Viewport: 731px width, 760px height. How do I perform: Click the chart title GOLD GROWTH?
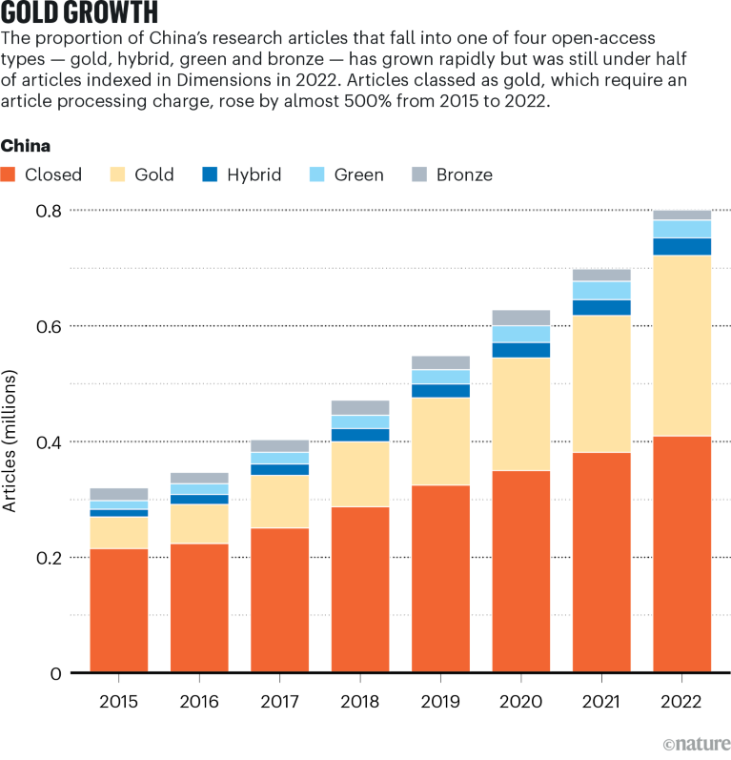click(x=80, y=13)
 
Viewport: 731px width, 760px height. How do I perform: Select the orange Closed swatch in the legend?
click(x=9, y=175)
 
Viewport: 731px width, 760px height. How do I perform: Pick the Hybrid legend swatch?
click(x=213, y=175)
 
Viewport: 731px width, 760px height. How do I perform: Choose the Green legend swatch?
click(x=319, y=175)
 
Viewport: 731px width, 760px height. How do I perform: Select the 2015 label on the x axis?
click(x=119, y=702)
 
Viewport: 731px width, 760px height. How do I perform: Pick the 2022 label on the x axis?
click(x=682, y=702)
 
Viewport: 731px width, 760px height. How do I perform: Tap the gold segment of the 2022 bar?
click(x=682, y=345)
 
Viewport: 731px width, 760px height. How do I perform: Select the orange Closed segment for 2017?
click(x=280, y=601)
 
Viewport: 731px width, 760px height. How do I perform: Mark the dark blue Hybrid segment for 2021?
click(x=601, y=307)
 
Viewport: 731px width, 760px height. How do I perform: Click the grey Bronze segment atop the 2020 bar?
click(x=521, y=318)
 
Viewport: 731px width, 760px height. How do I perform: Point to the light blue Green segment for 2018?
click(x=360, y=421)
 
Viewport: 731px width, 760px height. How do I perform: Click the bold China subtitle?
click(x=26, y=146)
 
